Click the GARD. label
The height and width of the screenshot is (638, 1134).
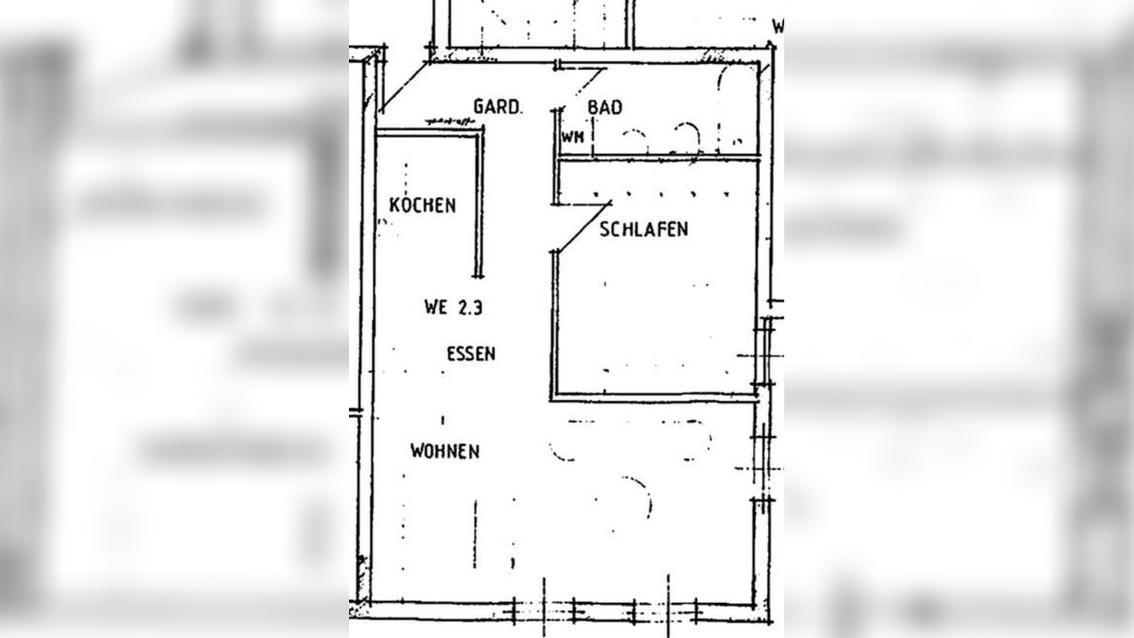(498, 107)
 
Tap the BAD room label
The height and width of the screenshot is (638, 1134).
(605, 108)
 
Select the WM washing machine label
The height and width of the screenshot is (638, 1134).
(572, 137)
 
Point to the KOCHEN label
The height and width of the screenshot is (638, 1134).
(422, 205)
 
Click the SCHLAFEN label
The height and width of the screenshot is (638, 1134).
(644, 229)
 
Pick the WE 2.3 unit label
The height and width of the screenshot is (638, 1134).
(453, 307)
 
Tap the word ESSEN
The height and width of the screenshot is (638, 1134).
(471, 354)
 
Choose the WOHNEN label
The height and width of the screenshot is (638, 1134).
(445, 451)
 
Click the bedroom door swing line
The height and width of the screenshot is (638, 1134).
(584, 227)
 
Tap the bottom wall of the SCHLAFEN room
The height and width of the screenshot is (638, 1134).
(653, 397)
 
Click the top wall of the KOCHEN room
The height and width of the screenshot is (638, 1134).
(428, 134)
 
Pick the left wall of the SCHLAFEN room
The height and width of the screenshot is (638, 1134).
(555, 325)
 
